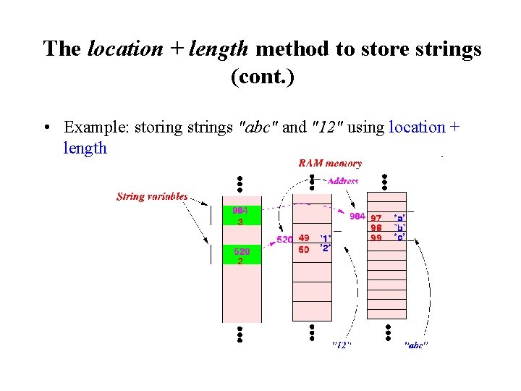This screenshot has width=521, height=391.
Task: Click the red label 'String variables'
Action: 152,196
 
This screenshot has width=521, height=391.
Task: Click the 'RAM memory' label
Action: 330,164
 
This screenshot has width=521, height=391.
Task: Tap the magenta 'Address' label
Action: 343,181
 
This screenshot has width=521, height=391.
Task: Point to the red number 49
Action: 304,237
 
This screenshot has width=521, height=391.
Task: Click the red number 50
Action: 304,249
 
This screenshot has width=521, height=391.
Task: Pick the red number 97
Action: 376,218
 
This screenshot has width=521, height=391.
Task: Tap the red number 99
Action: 376,237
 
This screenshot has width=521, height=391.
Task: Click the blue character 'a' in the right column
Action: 399,217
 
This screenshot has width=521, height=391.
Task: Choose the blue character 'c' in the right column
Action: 399,237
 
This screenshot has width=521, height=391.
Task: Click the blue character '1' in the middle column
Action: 326,237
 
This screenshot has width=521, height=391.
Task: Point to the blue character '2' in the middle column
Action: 326,248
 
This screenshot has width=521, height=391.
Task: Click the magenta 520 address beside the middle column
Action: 284,239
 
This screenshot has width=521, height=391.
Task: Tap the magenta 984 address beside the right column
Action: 357,216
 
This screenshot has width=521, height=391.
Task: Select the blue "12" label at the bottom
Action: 342,345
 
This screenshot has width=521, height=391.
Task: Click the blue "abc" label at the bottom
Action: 415,345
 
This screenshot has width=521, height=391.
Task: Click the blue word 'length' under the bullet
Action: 85,148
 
